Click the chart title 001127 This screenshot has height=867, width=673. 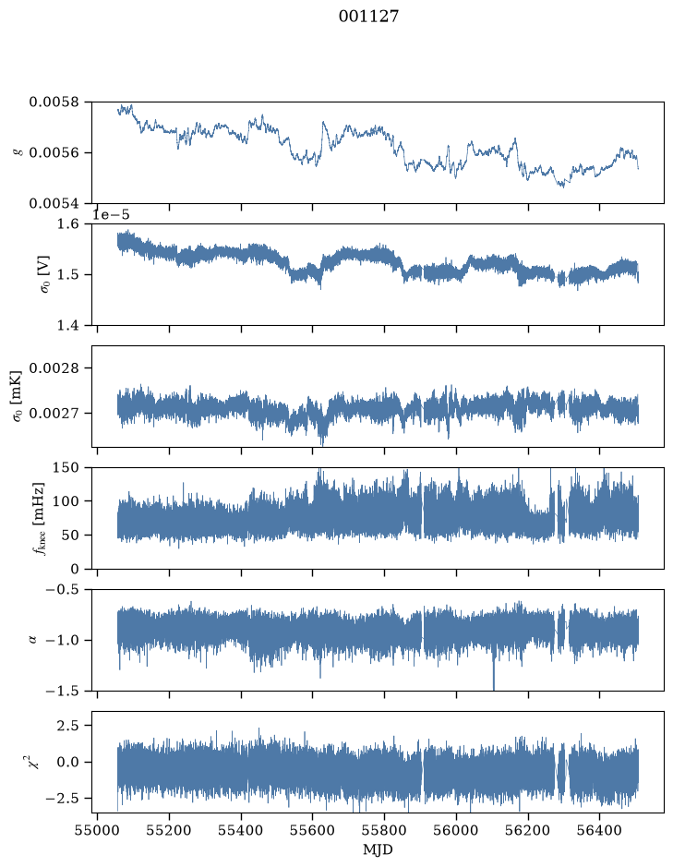368,17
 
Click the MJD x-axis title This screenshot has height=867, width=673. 378,849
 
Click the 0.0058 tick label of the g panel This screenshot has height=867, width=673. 54,102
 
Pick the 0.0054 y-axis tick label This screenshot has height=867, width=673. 54,203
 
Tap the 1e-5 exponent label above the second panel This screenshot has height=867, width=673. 111,214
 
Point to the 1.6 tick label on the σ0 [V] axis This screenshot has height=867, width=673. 68,224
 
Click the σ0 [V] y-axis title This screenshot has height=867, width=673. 45,274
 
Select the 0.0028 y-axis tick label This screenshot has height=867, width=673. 54,368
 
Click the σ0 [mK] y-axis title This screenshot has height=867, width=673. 18,396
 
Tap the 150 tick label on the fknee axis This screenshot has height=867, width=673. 66,468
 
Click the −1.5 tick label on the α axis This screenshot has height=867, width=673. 62,692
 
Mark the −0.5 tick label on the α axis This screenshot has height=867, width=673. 62,589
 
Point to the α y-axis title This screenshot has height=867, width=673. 32,640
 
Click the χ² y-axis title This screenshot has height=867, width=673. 34,762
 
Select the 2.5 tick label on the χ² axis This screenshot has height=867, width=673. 68,726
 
